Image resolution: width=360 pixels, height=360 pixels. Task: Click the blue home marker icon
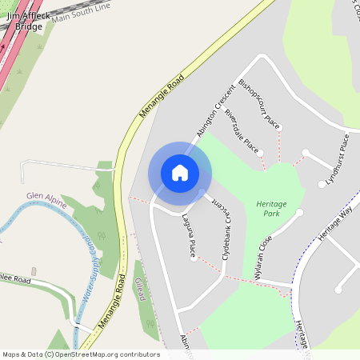pyautogui.click(x=180, y=173)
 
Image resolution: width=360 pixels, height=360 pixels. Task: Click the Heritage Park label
pyautogui.click(x=271, y=210)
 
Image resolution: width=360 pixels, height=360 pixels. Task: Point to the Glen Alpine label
pyautogui.click(x=45, y=195)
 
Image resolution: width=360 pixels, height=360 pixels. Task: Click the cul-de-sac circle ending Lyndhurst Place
pyautogui.click(x=322, y=184)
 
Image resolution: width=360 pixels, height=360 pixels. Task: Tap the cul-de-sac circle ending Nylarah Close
pyautogui.click(x=299, y=212)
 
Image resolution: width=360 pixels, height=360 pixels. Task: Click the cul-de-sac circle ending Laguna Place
pyautogui.click(x=193, y=258)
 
